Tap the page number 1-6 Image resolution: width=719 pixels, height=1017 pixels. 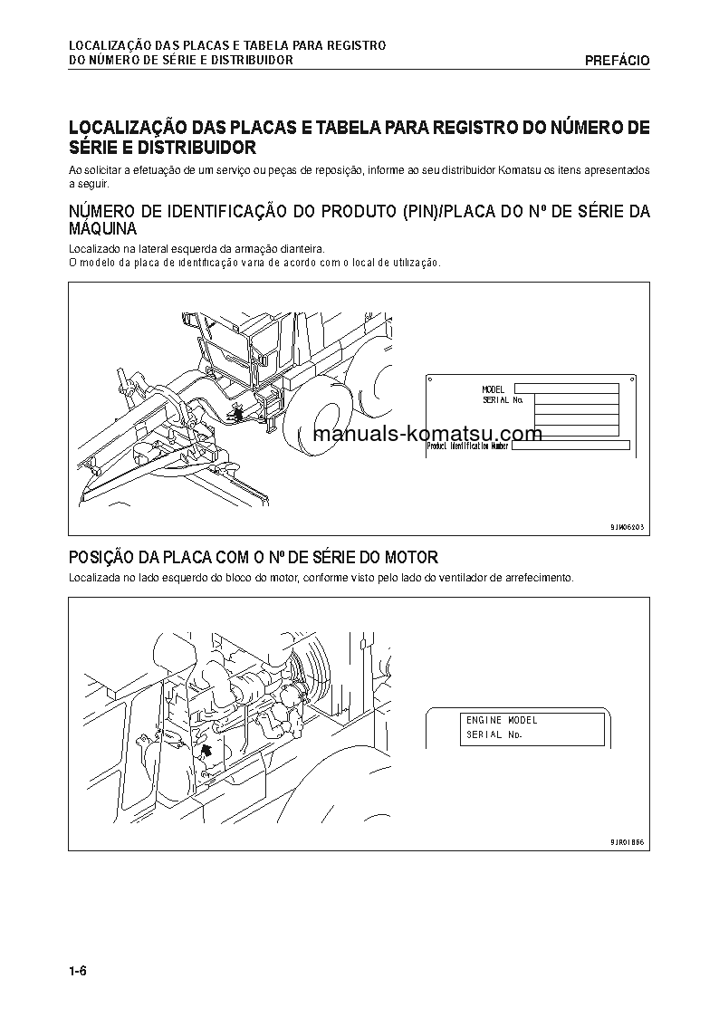[76, 973]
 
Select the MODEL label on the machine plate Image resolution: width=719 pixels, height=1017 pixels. [494, 389]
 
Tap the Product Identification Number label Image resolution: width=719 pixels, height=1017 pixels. [467, 446]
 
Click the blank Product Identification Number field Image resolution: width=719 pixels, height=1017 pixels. [570, 446]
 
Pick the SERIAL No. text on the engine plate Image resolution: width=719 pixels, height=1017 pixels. [494, 735]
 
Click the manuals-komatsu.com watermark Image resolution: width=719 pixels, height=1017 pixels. [427, 433]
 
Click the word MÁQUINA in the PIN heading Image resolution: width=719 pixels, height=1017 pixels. [103, 229]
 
